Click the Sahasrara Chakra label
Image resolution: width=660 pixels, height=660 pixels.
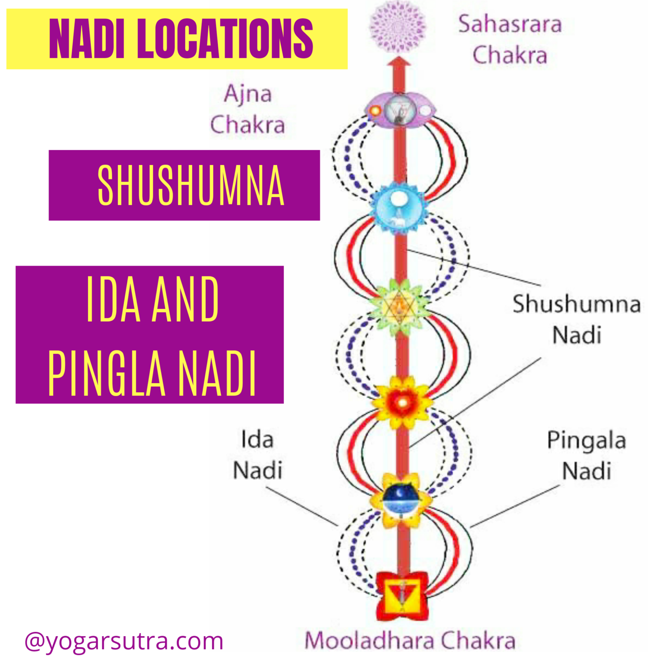[x=510, y=40]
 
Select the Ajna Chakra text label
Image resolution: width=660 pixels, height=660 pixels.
[x=247, y=109]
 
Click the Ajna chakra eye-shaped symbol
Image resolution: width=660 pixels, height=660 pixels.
[x=399, y=110]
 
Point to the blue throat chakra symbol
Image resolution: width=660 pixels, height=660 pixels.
[x=398, y=208]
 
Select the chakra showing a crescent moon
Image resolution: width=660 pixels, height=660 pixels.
[x=401, y=499]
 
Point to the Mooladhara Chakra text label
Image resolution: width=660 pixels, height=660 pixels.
[x=410, y=641]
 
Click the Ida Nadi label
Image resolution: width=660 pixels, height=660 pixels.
[x=257, y=455]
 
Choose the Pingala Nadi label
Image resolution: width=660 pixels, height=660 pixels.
[x=586, y=455]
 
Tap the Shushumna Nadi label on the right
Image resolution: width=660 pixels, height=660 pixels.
[x=576, y=319]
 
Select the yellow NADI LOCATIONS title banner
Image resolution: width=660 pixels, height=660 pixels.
[x=177, y=39]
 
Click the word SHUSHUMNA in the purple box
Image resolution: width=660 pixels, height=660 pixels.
[x=191, y=185]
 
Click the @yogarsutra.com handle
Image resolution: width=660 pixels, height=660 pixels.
[x=124, y=641]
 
